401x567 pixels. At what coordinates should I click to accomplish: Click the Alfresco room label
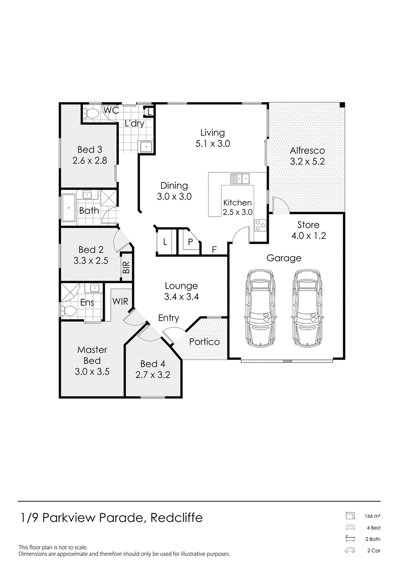tap(307, 150)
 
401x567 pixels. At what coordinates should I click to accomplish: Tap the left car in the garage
tap(260, 308)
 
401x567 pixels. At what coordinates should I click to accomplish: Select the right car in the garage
tap(308, 308)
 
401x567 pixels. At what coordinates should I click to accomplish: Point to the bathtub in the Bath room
tap(68, 208)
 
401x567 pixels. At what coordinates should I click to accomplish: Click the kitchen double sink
tap(240, 178)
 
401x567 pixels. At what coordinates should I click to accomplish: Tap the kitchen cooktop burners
tap(260, 225)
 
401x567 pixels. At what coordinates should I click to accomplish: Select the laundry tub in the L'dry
tap(146, 147)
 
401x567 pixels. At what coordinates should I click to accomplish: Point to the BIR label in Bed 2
tap(126, 268)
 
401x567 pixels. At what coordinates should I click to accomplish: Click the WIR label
tap(120, 301)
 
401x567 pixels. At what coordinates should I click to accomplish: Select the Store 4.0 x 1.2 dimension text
tap(308, 236)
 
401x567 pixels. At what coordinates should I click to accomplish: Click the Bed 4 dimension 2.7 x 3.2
tap(152, 375)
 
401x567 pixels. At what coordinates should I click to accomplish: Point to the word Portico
tap(205, 342)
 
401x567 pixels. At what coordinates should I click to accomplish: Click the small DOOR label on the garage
tap(287, 361)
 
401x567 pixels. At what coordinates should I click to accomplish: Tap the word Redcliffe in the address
tap(176, 518)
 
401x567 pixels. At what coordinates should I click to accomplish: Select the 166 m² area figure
tap(372, 516)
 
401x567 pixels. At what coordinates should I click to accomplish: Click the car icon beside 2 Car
tap(350, 550)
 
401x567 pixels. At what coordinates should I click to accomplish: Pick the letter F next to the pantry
tap(214, 250)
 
